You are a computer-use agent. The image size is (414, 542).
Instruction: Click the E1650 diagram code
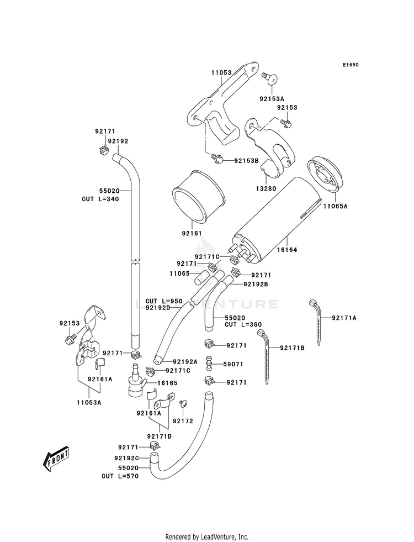350,65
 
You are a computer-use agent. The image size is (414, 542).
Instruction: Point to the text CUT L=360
243,325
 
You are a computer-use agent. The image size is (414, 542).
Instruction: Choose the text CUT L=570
118,476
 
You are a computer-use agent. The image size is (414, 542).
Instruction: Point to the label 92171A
344,318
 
